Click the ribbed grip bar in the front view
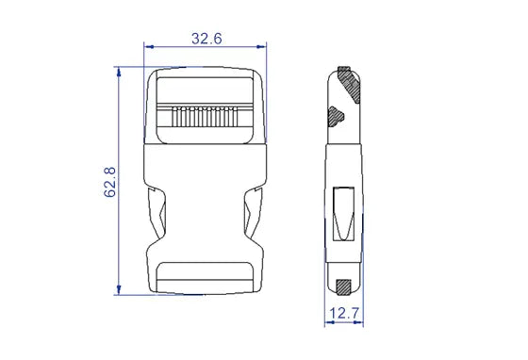(x=203, y=120)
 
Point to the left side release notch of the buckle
(x=157, y=217)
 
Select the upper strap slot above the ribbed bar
(x=204, y=90)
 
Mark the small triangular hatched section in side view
(x=335, y=117)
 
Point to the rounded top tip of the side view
(x=342, y=70)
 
